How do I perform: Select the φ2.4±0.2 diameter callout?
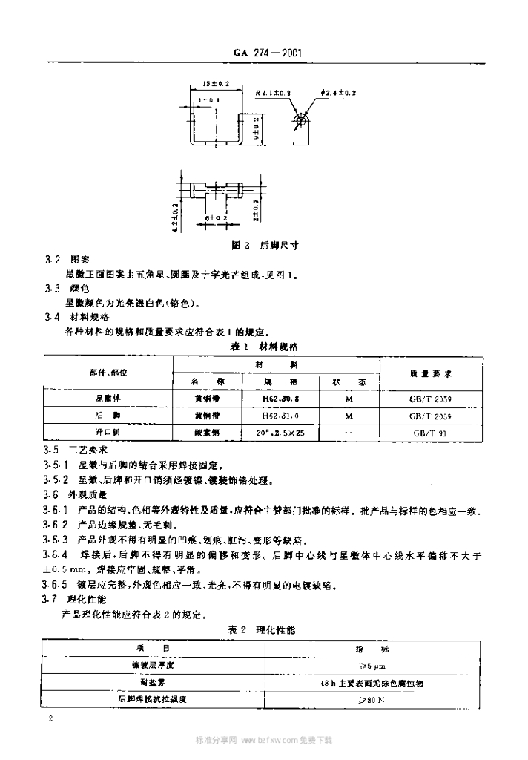tap(339, 92)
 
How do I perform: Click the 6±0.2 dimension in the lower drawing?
tap(217, 217)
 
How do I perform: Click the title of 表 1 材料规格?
tap(265, 346)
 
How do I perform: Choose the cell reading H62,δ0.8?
tap(280, 398)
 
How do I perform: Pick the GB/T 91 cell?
tap(430, 432)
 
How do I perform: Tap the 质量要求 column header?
tap(431, 373)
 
